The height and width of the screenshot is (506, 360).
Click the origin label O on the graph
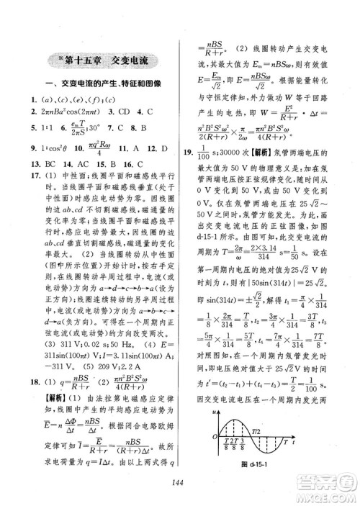coord(216,435)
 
